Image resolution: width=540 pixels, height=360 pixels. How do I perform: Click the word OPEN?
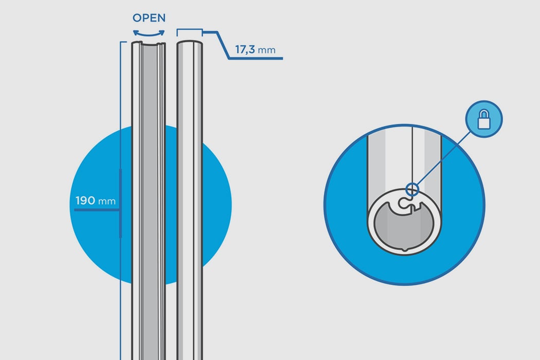tap(149, 18)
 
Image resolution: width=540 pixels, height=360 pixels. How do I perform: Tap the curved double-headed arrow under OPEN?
tap(149, 32)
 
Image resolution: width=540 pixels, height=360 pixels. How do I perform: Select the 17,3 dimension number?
tap(246, 50)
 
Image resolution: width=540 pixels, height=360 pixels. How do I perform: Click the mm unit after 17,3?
tap(266, 50)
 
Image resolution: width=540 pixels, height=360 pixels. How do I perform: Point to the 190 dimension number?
tap(85, 201)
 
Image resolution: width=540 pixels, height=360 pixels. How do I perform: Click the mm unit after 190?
tap(106, 201)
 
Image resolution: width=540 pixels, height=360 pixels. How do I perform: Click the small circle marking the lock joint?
tap(411, 189)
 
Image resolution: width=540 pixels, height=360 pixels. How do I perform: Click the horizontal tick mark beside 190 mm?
tap(98, 210)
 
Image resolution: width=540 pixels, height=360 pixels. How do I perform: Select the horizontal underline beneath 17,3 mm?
tap(255, 59)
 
